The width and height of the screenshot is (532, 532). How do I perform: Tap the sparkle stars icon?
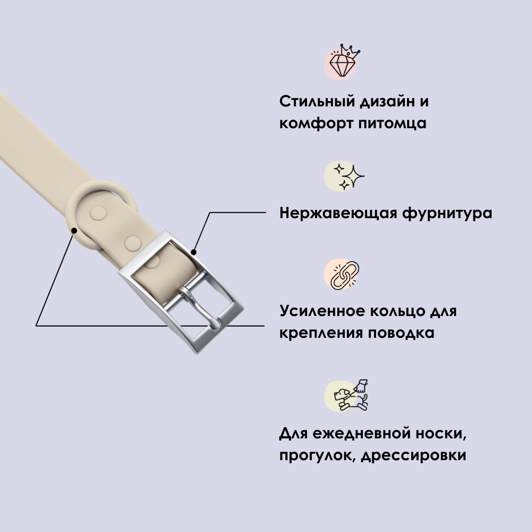coord(345,176)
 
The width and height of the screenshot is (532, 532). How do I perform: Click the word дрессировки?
coord(414,456)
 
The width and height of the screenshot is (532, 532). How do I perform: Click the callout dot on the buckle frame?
coord(194,251)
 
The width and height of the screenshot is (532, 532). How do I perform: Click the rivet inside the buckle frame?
coord(152,261)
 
